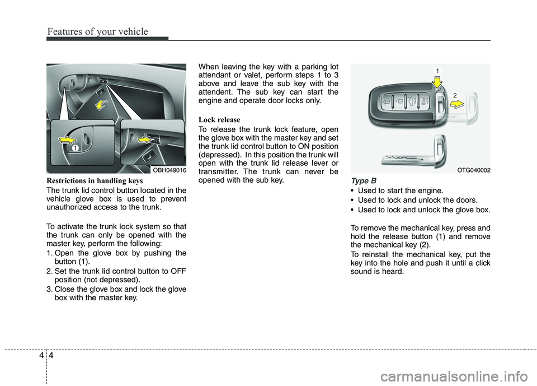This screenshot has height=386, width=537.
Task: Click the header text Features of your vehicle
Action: tap(98, 31)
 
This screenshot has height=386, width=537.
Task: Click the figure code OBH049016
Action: tap(169, 169)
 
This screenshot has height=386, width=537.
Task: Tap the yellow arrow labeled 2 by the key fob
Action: tap(456, 104)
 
